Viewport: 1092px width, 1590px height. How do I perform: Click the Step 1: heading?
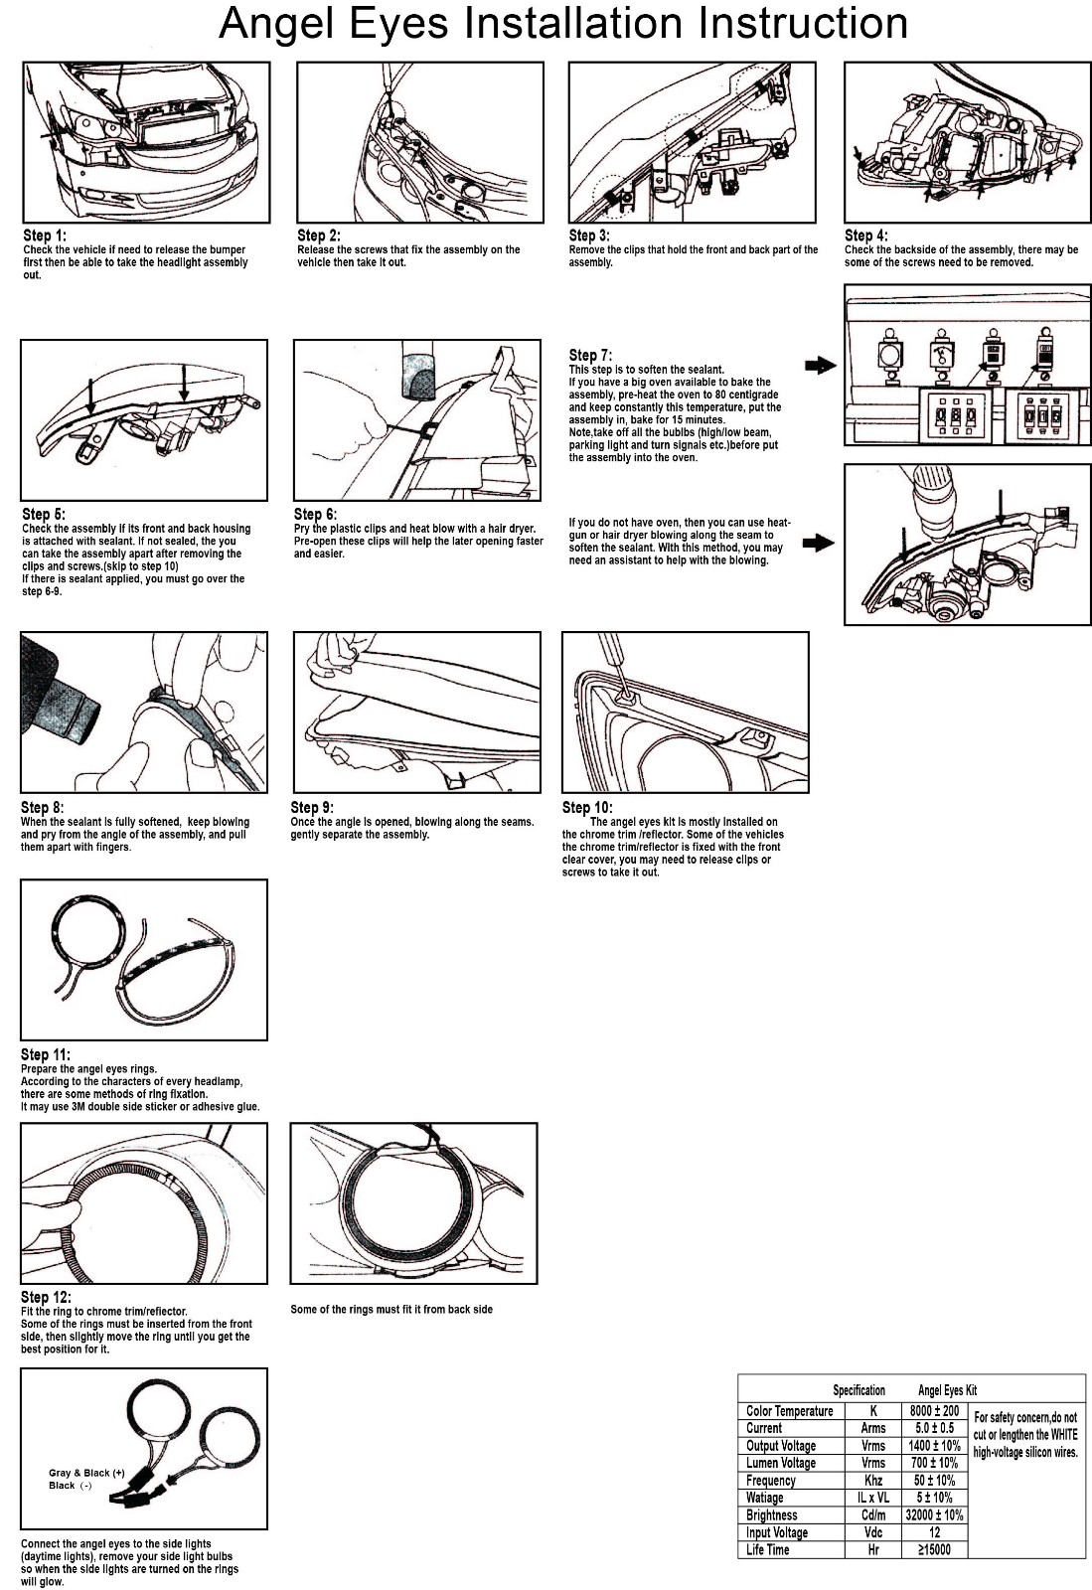(x=45, y=235)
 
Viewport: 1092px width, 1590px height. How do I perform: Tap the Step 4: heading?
(x=865, y=235)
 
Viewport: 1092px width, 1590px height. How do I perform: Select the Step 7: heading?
(x=590, y=355)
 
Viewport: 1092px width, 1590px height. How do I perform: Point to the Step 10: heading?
(x=587, y=807)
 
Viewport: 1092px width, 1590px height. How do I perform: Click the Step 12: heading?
(x=46, y=1297)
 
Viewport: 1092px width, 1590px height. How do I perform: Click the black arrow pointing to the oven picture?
(x=820, y=366)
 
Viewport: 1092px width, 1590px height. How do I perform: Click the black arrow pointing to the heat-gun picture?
(x=819, y=544)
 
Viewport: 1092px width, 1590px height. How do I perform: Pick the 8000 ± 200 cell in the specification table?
(x=934, y=1410)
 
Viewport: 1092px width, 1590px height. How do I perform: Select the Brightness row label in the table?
(x=771, y=1514)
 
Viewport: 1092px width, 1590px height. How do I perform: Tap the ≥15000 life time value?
(x=934, y=1549)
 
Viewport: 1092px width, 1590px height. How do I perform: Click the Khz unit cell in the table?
(x=873, y=1480)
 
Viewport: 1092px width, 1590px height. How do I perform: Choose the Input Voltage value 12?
(x=934, y=1532)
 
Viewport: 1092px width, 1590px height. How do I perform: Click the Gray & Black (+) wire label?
(x=86, y=1473)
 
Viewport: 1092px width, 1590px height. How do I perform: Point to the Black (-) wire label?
(x=71, y=1485)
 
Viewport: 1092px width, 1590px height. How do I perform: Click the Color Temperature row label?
(x=789, y=1410)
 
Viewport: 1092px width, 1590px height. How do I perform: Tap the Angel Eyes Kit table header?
(x=947, y=1390)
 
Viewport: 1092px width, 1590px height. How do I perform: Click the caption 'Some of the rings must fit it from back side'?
(x=390, y=1309)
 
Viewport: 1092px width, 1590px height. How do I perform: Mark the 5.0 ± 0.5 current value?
(x=934, y=1427)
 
